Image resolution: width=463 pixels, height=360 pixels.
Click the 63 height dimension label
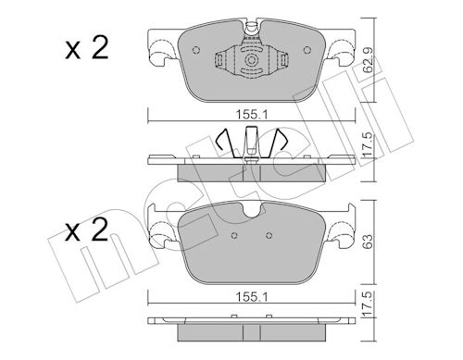tap(368, 242)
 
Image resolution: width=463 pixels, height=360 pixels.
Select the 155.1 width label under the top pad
tap(252, 115)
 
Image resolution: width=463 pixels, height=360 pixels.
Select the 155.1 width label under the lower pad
tap(252, 297)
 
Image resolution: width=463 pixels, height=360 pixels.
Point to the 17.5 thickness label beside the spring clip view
tap(368, 145)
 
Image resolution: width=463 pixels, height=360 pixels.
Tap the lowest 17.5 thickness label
tap(368, 304)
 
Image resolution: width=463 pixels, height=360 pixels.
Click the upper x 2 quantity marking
tap(87, 48)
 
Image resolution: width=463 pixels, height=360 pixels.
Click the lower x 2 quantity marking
tap(87, 230)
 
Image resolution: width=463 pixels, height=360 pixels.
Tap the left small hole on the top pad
tap(196, 50)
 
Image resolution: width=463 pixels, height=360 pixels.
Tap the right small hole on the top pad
tap(307, 50)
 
